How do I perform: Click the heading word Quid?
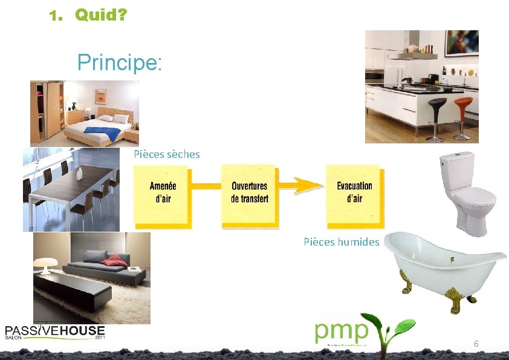tap(101, 15)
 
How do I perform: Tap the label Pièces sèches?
tap(166, 154)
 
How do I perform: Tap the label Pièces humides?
tap(341, 242)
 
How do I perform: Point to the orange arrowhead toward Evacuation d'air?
tap(309, 186)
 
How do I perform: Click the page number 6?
tap(476, 344)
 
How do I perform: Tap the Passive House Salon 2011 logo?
tap(55, 332)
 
